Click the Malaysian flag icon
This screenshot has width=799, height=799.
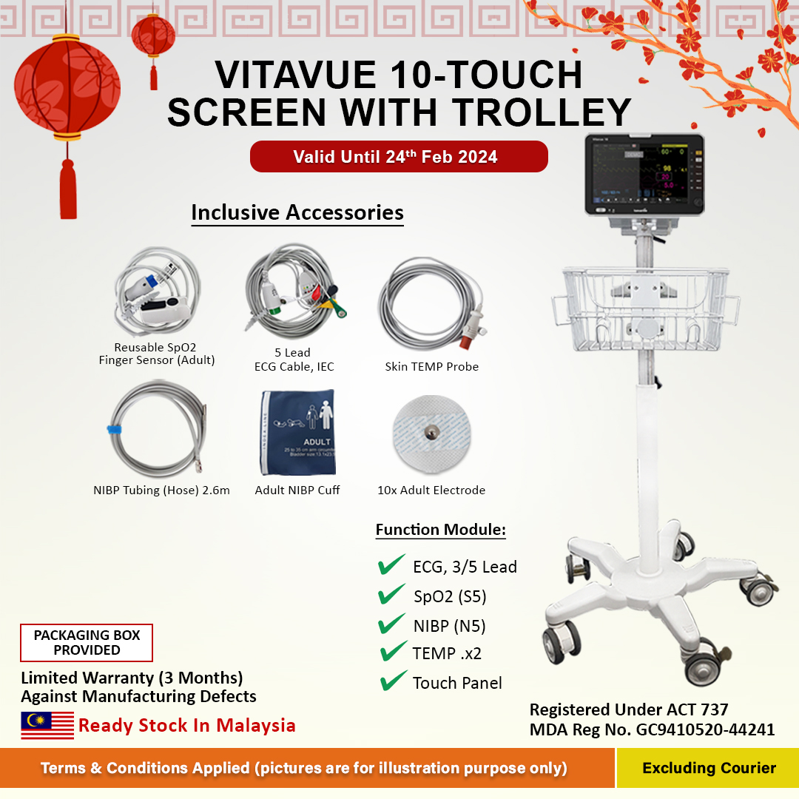pos(47,725)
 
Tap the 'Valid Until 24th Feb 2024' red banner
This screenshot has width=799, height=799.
pos(399,157)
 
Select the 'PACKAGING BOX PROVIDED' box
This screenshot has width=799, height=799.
pos(87,643)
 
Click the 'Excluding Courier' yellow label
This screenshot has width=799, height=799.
pos(708,768)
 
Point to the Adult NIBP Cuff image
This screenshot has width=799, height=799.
pos(297,433)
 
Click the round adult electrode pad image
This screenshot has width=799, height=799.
pos(431,433)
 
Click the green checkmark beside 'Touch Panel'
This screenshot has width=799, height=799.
pos(393,681)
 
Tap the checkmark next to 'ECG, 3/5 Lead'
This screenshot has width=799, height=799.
pos(391,565)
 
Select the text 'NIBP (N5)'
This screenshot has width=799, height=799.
pos(449,626)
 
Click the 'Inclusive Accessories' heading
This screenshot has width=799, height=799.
pos(297,212)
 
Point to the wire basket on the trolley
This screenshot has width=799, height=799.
pos(644,303)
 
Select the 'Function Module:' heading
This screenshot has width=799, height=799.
pos(440,530)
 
